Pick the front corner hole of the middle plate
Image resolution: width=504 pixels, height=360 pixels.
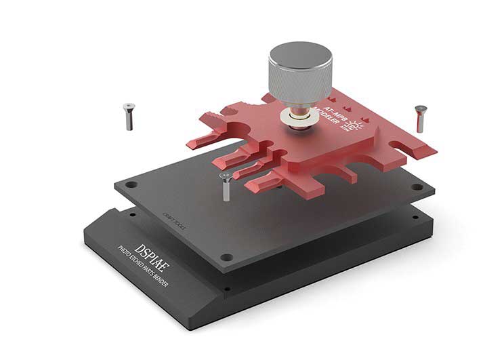click(229, 257)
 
